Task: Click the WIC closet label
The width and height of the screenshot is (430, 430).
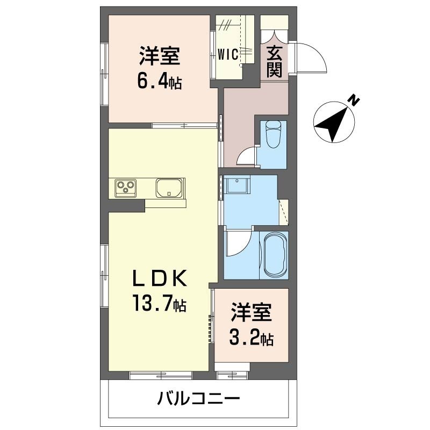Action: pos(228,55)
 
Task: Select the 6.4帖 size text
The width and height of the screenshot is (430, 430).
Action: pos(159,82)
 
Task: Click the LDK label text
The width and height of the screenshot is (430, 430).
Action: pos(160,279)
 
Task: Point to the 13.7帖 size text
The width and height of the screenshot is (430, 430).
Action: pos(160,305)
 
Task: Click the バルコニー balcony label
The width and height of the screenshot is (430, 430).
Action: pos(198,399)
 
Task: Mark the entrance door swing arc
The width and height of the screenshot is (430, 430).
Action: pos(311,58)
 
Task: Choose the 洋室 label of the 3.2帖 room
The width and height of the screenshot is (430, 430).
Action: pos(252,313)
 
